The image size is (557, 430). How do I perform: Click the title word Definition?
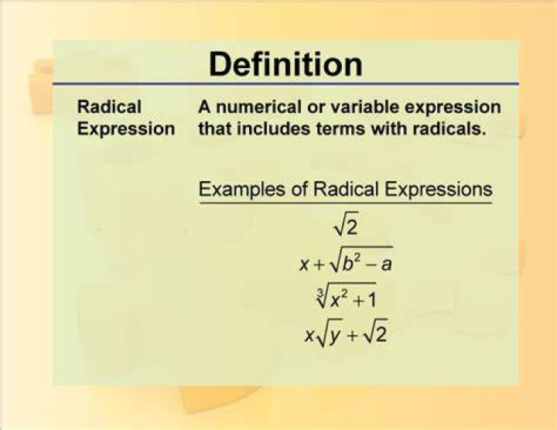click(x=286, y=64)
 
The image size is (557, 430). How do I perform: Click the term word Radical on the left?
click(x=109, y=107)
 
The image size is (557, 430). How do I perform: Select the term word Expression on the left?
click(x=126, y=129)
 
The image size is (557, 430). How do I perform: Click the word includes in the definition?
click(x=273, y=128)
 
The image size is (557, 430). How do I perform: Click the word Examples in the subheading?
click(x=242, y=189)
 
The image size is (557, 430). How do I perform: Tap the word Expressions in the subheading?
click(x=439, y=189)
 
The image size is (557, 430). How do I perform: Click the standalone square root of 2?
click(x=346, y=224)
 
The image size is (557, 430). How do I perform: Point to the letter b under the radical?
click(x=344, y=264)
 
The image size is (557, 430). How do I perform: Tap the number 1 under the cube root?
click(x=371, y=300)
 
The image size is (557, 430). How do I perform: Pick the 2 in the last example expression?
click(x=381, y=334)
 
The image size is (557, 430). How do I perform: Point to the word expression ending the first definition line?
click(x=453, y=107)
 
